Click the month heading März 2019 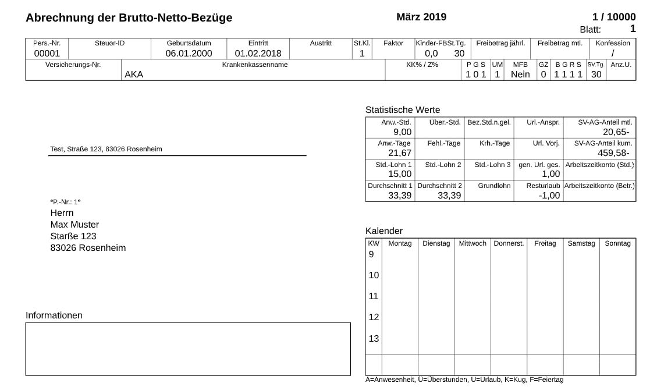(x=421, y=17)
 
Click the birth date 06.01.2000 (x=189, y=54)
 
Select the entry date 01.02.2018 (x=258, y=54)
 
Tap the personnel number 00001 (x=47, y=54)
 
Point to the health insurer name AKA (x=134, y=75)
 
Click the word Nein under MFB (x=520, y=75)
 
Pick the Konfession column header (x=612, y=43)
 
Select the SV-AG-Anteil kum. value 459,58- (x=613, y=153)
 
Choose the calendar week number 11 (x=374, y=296)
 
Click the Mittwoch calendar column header (x=473, y=243)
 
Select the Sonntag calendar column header (x=617, y=243)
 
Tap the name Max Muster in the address (x=74, y=225)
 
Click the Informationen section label (x=54, y=315)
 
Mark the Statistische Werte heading (x=403, y=110)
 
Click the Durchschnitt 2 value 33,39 (x=449, y=196)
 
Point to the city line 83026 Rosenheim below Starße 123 (x=88, y=248)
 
